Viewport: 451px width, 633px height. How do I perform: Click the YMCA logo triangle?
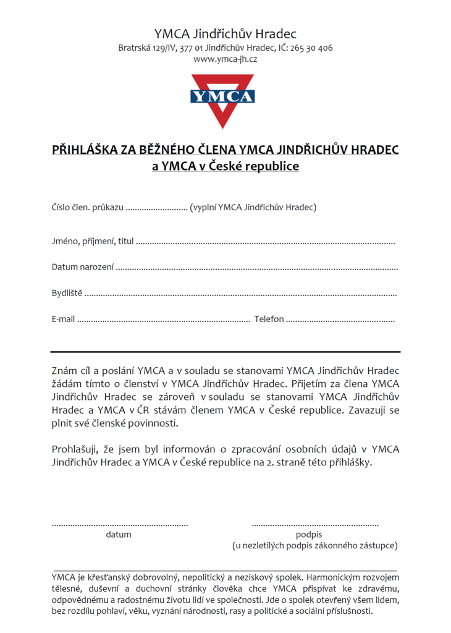click(222, 99)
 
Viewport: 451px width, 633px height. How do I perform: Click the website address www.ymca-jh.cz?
click(225, 59)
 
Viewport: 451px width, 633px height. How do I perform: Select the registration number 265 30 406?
click(311, 48)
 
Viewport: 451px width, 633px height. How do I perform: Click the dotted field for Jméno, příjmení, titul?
click(265, 242)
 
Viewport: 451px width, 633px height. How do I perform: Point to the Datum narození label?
click(83, 267)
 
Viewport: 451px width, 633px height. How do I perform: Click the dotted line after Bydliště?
click(240, 294)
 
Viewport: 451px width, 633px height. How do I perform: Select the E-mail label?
click(63, 319)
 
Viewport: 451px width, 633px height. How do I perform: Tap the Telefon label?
click(269, 319)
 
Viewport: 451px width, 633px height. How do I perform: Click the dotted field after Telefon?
click(340, 320)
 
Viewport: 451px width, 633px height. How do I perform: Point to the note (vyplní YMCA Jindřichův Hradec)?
click(253, 207)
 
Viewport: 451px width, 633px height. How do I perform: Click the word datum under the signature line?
click(119, 535)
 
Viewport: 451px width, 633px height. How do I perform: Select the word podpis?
click(309, 535)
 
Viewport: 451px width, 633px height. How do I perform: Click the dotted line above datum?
click(120, 525)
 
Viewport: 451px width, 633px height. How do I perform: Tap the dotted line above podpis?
click(315, 525)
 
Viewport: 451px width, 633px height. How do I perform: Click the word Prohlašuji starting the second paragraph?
click(76, 449)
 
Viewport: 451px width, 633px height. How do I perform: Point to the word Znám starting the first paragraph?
click(65, 371)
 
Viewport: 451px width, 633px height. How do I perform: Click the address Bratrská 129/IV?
click(147, 48)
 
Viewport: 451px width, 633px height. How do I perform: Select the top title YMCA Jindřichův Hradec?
click(225, 33)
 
